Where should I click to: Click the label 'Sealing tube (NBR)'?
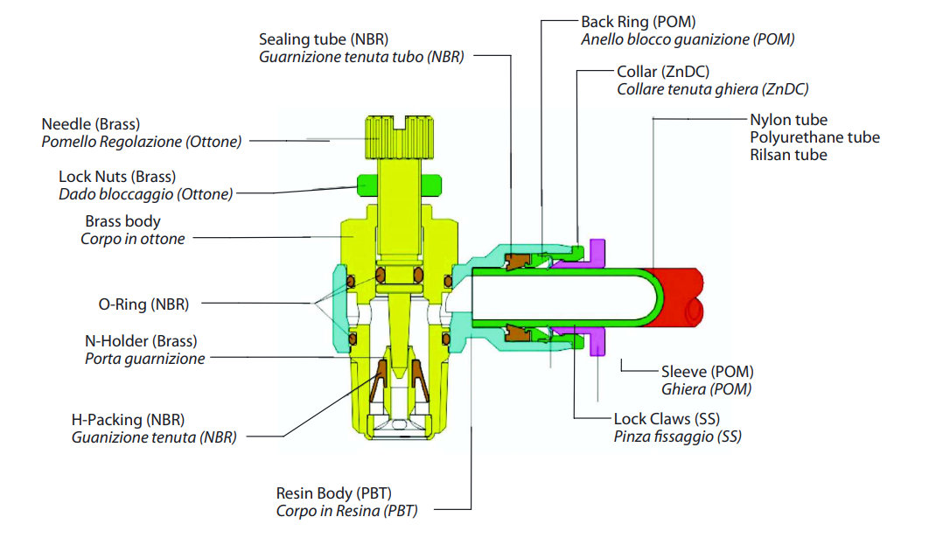pyautogui.click(x=323, y=40)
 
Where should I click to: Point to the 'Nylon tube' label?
pyautogui.click(x=788, y=120)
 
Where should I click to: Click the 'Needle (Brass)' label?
pyautogui.click(x=91, y=124)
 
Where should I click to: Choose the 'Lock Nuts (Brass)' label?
pyautogui.click(x=117, y=177)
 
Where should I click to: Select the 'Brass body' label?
pyautogui.click(x=122, y=221)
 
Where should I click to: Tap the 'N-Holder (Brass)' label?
pyautogui.click(x=141, y=341)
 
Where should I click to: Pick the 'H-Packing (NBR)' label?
pyautogui.click(x=128, y=420)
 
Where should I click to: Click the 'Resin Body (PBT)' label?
pyautogui.click(x=333, y=493)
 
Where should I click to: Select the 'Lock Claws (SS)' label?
pyautogui.click(x=667, y=419)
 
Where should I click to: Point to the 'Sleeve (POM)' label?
pyautogui.click(x=707, y=373)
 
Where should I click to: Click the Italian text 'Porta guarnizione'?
pyautogui.click(x=144, y=359)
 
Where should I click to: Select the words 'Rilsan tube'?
pyautogui.click(x=788, y=155)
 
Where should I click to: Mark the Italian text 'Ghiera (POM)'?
pyautogui.click(x=706, y=390)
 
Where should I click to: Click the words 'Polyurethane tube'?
pyautogui.click(x=814, y=137)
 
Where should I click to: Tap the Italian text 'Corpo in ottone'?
pyautogui.click(x=133, y=239)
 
